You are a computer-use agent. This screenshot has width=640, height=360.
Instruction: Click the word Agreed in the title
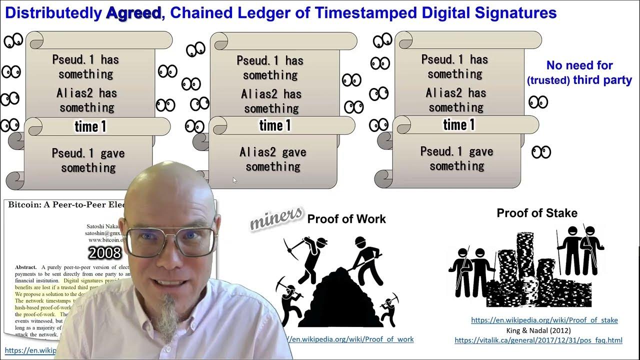pyautogui.click(x=133, y=13)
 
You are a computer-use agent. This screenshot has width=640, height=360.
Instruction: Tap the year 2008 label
pyautogui.click(x=105, y=252)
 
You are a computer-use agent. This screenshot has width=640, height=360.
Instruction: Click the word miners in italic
pyautogui.click(x=276, y=218)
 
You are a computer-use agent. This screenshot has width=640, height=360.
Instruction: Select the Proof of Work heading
pyautogui.click(x=346, y=218)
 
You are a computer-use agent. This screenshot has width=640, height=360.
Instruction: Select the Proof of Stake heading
pyautogui.click(x=537, y=213)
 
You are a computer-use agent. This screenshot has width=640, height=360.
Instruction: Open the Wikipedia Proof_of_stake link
pyautogui.click(x=544, y=320)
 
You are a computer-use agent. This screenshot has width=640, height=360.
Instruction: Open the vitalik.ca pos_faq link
pyautogui.click(x=538, y=340)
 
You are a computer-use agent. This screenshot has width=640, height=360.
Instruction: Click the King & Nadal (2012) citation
pyautogui.click(x=538, y=330)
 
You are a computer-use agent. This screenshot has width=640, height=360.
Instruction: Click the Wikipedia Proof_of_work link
pyautogui.click(x=350, y=339)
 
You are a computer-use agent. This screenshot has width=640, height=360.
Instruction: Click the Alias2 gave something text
pyautogui.click(x=273, y=159)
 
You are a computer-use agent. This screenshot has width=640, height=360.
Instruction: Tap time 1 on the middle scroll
pyautogui.click(x=275, y=125)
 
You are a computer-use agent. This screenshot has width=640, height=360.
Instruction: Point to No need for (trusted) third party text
pyautogui.click(x=579, y=72)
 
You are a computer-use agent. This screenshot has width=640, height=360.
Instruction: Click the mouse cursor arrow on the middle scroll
pyautogui.click(x=234, y=180)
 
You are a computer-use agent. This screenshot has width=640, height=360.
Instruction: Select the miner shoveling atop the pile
pyautogui.click(x=363, y=255)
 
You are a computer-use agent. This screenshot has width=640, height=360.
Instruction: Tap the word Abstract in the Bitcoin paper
pyautogui.click(x=25, y=267)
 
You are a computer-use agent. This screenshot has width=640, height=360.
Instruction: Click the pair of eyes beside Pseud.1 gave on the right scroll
pyautogui.click(x=540, y=152)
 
